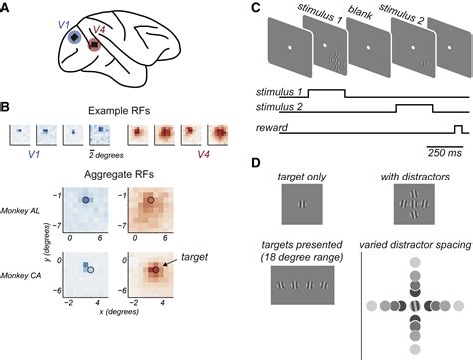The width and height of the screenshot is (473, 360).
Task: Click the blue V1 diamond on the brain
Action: coord(73,38)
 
